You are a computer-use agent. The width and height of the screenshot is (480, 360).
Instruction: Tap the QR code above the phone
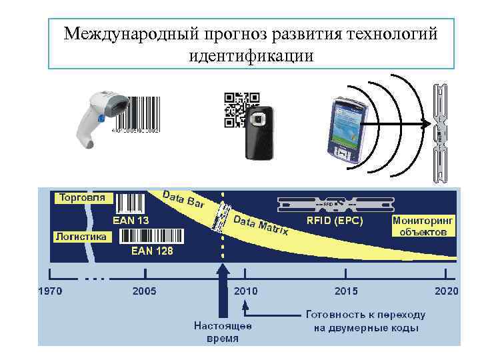(241, 109)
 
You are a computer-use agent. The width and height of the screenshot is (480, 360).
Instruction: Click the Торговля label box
(83, 198)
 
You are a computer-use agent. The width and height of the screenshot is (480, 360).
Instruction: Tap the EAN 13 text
(131, 220)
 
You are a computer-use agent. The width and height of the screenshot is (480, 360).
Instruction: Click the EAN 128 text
(152, 251)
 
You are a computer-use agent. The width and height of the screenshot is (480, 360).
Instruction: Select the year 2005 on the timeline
(145, 291)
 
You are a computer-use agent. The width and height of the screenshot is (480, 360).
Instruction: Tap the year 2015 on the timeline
(346, 291)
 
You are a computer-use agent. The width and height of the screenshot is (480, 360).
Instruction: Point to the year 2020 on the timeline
(446, 291)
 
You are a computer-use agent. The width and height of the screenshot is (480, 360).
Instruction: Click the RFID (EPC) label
(335, 221)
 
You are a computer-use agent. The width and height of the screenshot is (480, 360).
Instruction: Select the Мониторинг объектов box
(424, 225)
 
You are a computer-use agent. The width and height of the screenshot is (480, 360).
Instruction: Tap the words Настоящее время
(223, 332)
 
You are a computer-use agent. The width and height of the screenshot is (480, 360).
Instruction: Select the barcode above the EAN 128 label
(151, 236)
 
